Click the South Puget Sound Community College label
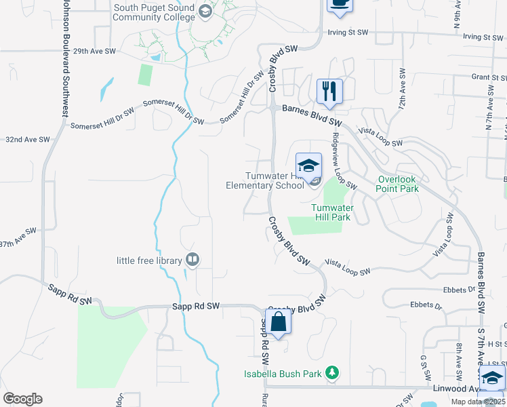pos(154,12)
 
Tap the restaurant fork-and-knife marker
pos(329,92)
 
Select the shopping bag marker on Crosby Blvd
pos(279,322)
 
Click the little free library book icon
pos(193,260)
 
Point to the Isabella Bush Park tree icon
pos(331,372)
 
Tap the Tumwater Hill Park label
pos(331,212)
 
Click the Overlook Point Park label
pos(398,184)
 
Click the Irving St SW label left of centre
pos(348,32)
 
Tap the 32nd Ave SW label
pos(28,139)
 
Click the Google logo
pos(22,399)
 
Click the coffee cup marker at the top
pos(340,5)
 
